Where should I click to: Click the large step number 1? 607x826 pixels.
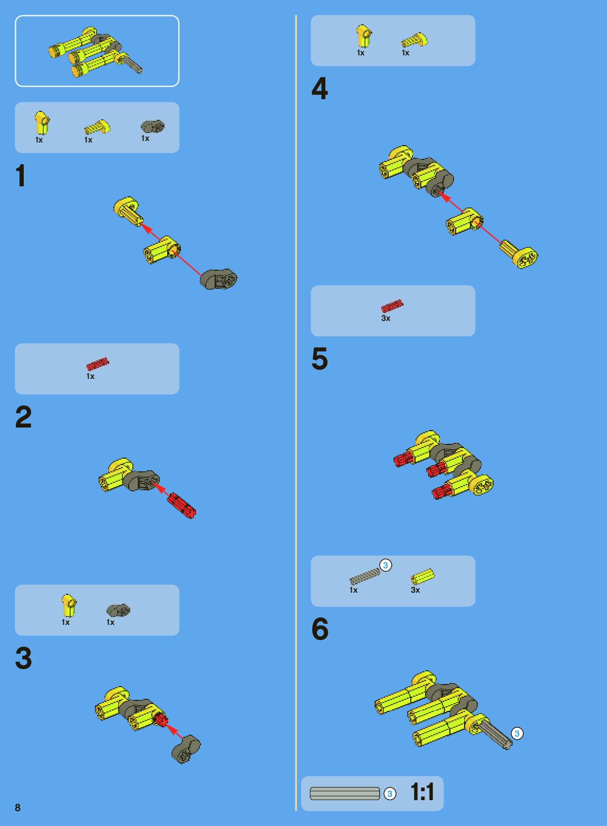(x=21, y=175)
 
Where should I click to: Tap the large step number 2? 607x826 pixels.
(x=23, y=416)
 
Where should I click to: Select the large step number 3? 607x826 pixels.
(x=23, y=658)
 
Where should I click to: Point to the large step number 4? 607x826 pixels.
(x=320, y=88)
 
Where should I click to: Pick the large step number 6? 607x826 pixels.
(x=320, y=629)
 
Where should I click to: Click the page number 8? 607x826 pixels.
(x=18, y=808)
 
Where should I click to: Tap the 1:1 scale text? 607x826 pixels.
(x=422, y=792)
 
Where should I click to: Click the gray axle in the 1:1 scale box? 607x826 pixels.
(x=344, y=794)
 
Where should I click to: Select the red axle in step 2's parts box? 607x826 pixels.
(x=98, y=364)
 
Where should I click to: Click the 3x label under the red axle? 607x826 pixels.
(x=386, y=318)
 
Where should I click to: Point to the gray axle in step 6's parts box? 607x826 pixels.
(x=364, y=576)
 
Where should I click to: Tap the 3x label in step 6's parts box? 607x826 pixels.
(x=416, y=590)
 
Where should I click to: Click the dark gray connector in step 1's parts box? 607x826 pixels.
(x=152, y=127)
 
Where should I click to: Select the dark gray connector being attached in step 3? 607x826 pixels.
(x=186, y=749)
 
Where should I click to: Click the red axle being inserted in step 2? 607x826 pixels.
(x=181, y=506)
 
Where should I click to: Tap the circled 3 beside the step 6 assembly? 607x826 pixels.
(x=517, y=734)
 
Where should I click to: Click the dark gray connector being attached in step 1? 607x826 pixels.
(x=218, y=279)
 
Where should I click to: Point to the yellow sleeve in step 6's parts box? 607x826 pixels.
(x=423, y=576)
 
